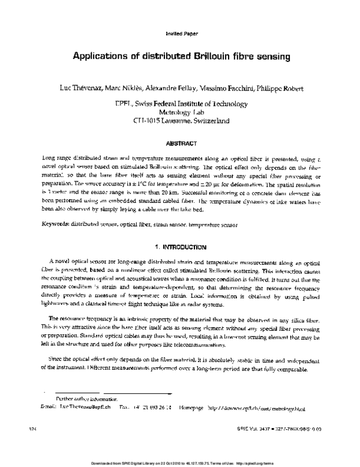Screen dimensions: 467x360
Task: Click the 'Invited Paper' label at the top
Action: [181, 34]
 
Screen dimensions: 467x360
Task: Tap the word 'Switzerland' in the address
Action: [208, 121]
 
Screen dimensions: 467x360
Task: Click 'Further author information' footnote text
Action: [86, 399]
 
